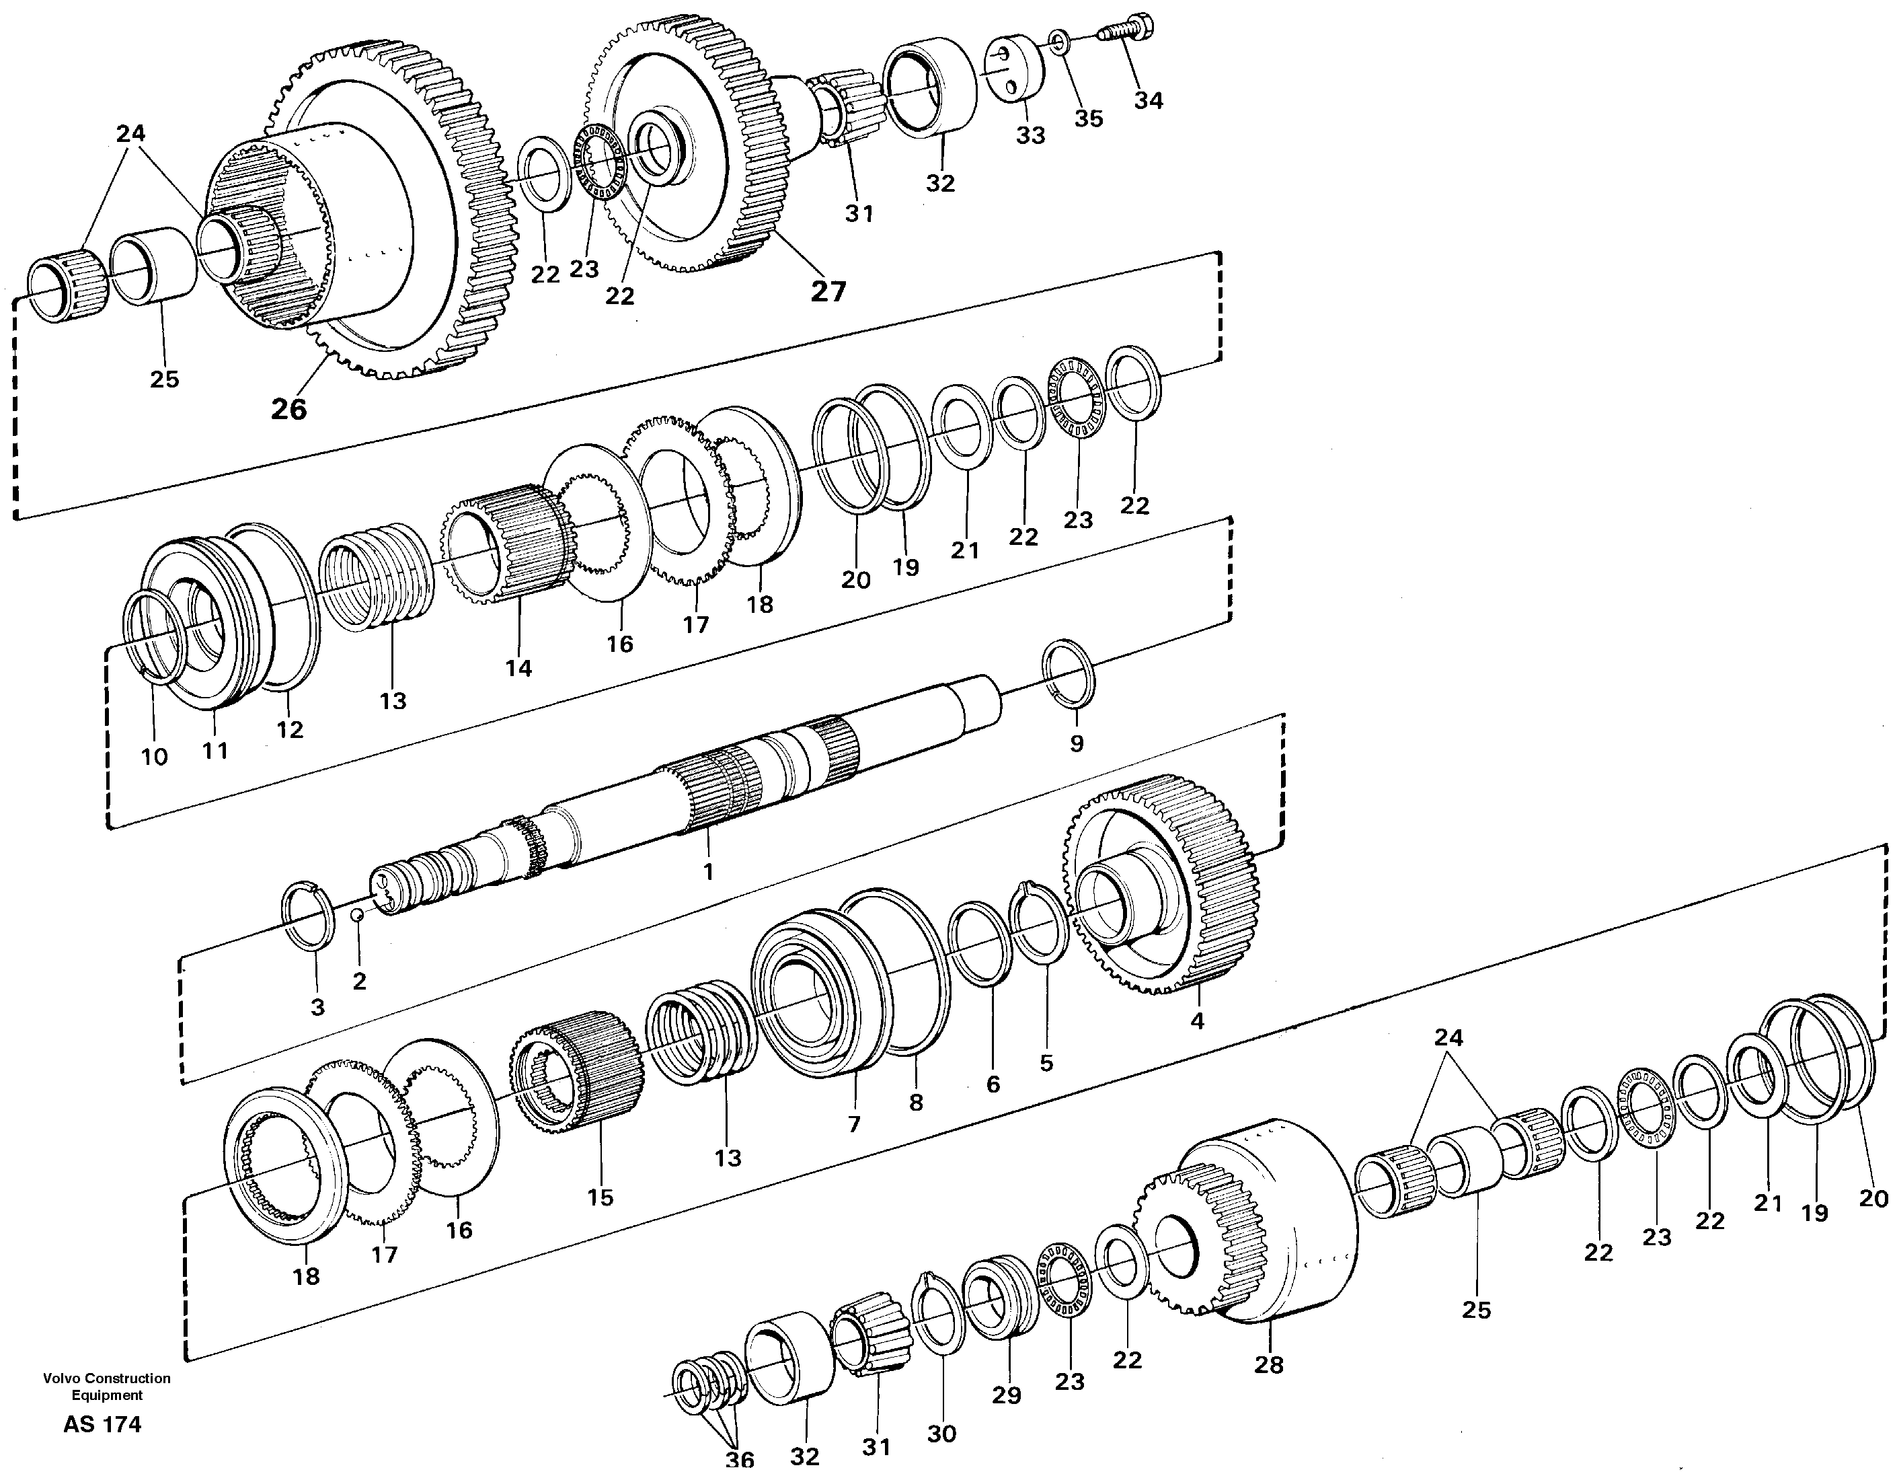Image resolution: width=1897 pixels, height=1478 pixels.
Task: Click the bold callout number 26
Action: coord(288,408)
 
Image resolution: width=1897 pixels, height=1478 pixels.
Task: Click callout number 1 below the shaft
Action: coord(708,871)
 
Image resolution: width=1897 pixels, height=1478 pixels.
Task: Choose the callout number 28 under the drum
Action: coord(1268,1364)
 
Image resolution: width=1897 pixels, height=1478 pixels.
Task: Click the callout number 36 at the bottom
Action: coord(740,1461)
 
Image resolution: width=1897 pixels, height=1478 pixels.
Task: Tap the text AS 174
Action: coord(102,1425)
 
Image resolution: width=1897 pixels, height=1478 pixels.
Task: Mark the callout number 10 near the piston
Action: coord(154,757)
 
